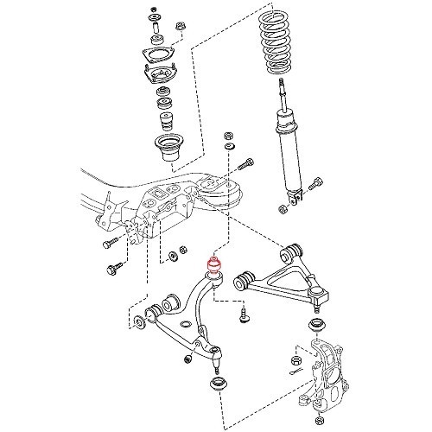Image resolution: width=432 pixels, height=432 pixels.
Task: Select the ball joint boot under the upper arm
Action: pyautogui.click(x=316, y=327)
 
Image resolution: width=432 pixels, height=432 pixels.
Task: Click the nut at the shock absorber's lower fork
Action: pyautogui.click(x=283, y=208)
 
